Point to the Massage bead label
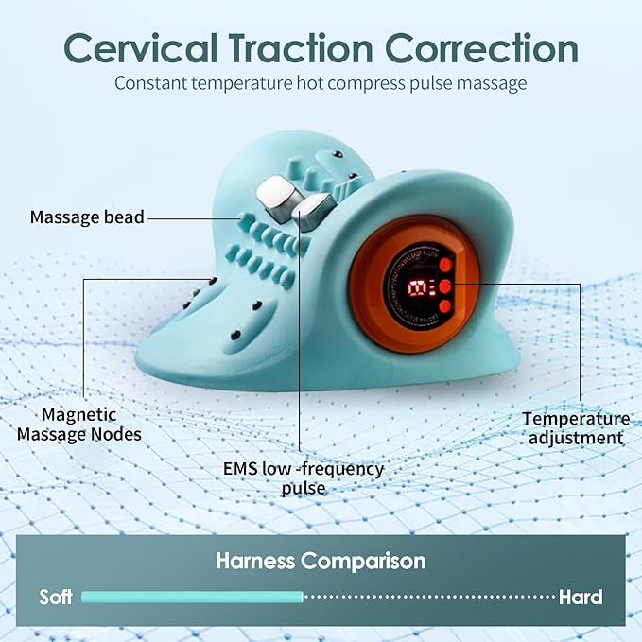tap(87, 217)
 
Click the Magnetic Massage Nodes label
tap(92, 425)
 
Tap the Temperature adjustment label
tap(576, 427)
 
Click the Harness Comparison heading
tap(321, 561)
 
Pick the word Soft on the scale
tap(56, 597)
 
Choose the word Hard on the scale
tap(581, 597)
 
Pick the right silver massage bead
tap(313, 206)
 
